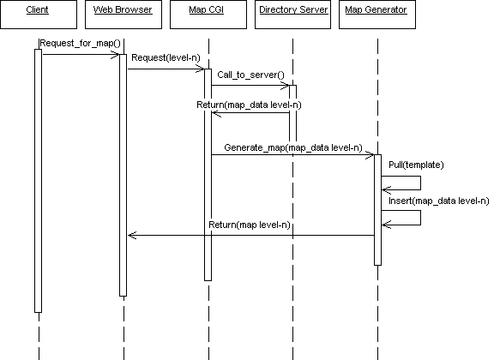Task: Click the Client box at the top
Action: pos(39,15)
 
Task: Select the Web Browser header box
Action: pos(123,15)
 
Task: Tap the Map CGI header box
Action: pos(208,15)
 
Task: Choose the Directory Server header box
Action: pos(292,15)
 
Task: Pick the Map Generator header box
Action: pos(377,15)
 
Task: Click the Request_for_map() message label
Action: pos(81,43)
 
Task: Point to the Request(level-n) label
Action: pos(166,57)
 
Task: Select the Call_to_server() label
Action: pos(250,75)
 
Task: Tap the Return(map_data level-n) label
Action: pos(249,105)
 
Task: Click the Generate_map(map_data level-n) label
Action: pos(293,147)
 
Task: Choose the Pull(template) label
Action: pos(416,165)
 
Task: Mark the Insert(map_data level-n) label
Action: pos(438,201)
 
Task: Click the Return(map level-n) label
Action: pos(250,225)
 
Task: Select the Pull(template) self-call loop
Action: pos(420,183)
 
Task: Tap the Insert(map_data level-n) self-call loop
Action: pos(420,218)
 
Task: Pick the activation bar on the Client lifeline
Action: pos(38,181)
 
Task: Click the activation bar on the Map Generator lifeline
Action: pos(377,210)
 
